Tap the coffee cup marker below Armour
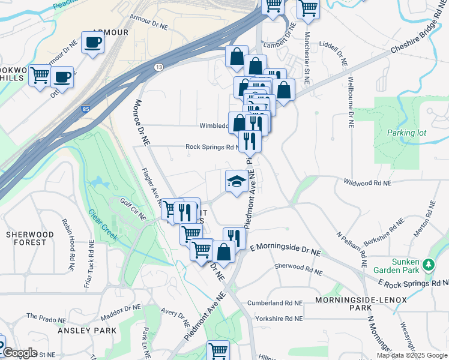coord(93,43)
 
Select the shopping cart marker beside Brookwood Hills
coord(40,76)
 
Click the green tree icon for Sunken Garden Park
coord(429,265)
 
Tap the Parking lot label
coord(406,133)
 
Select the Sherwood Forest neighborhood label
coord(26,238)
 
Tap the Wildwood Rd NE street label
coord(367,182)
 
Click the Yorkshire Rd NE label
coord(277,319)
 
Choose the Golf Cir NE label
coord(133,206)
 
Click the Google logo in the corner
coord(19,353)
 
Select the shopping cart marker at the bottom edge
coord(218,350)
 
